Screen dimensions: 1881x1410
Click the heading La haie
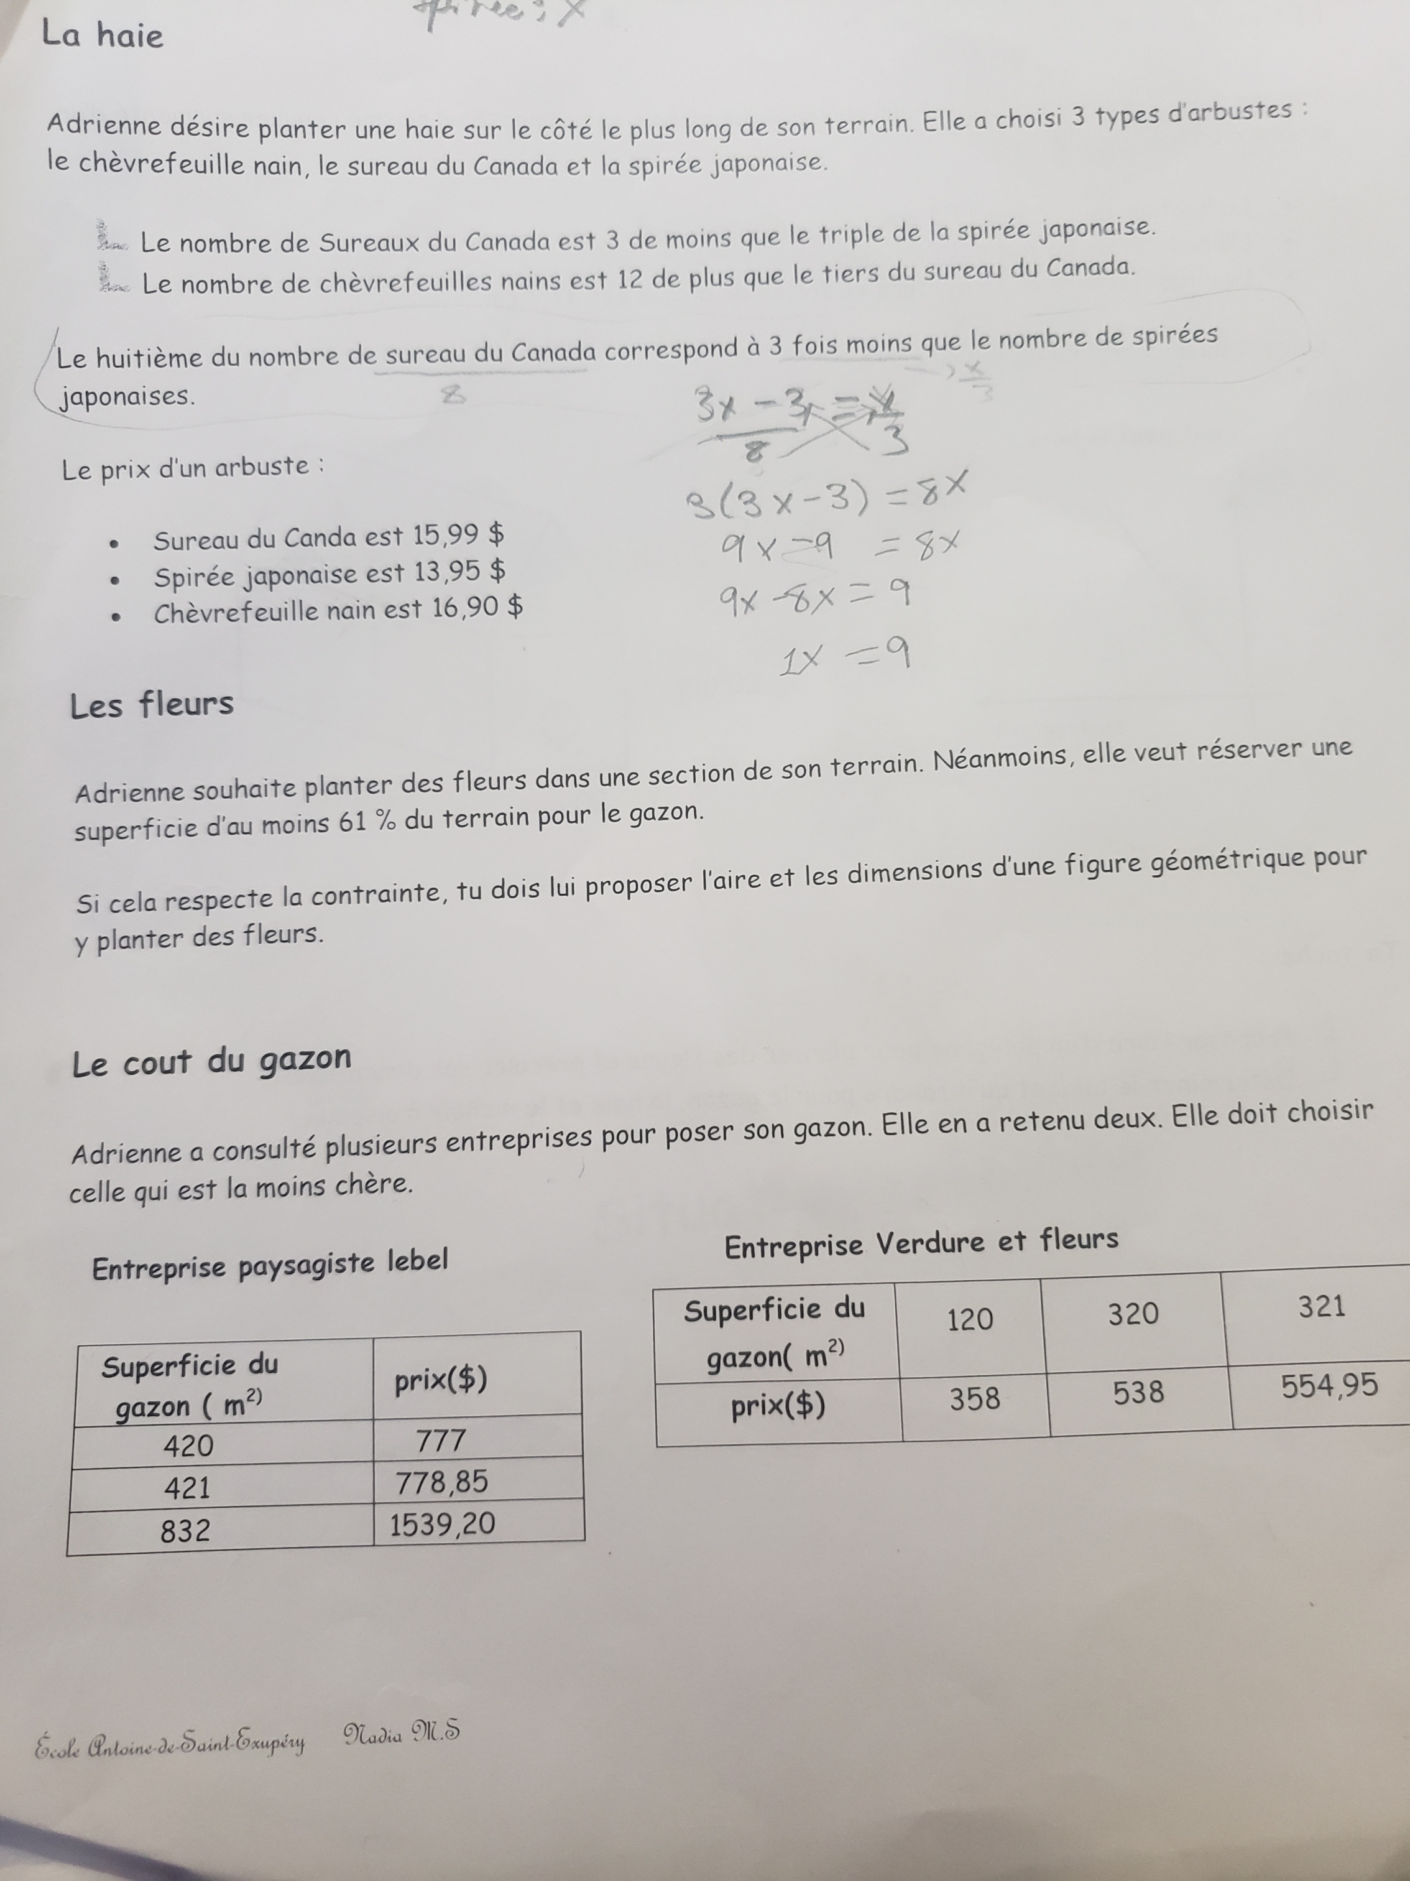(102, 35)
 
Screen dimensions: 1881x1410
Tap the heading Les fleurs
(151, 704)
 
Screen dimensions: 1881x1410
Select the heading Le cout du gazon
(211, 1061)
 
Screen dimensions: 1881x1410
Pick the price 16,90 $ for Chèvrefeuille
(477, 608)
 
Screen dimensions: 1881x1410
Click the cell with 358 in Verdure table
(974, 1398)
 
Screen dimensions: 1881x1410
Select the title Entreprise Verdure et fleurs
(921, 1243)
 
